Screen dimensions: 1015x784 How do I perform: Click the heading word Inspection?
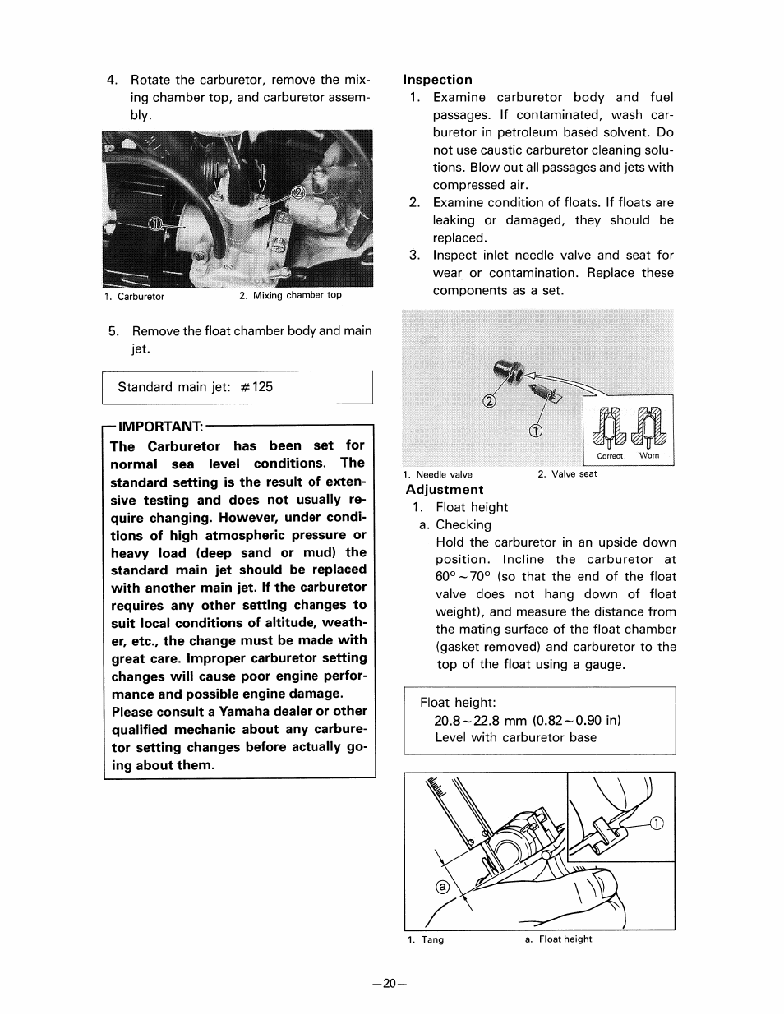[x=437, y=80]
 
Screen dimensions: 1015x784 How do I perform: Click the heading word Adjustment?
[x=445, y=490]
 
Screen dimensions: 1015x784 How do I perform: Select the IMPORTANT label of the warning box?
[x=160, y=427]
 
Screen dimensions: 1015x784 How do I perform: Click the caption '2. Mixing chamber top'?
[x=290, y=296]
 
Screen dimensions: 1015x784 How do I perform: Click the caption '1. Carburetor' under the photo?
[x=134, y=297]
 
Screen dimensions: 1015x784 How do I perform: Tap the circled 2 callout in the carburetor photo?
[x=297, y=193]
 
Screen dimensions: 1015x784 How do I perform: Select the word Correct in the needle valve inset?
[x=610, y=456]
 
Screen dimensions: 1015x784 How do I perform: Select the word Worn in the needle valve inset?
[x=649, y=456]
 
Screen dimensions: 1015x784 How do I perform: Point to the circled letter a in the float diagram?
[x=442, y=888]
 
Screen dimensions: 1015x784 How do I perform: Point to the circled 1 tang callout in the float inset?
[x=657, y=824]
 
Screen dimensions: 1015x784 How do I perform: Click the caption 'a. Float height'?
[x=558, y=939]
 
